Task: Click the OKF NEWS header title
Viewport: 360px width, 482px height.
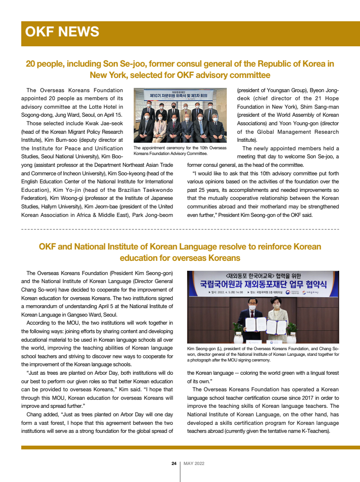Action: (62, 32)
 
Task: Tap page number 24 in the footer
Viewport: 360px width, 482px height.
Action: (174, 464)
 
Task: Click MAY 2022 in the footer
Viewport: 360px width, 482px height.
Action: (194, 464)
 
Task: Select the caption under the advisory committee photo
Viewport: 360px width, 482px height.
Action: (180, 150)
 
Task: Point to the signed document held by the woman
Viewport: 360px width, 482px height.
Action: (274, 326)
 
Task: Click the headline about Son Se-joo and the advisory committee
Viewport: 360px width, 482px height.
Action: (180, 69)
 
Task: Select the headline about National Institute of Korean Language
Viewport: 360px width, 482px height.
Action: (180, 252)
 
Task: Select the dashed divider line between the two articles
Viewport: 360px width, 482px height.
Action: (180, 229)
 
